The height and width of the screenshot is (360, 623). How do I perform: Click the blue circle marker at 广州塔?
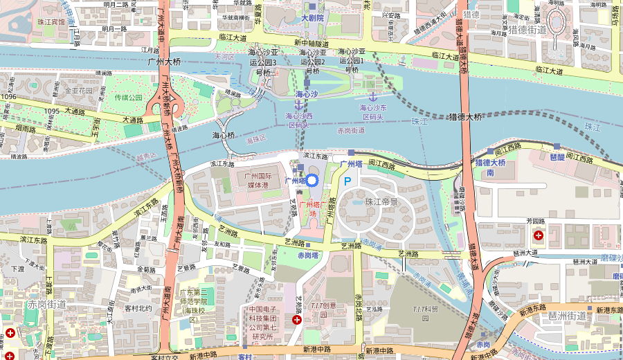311,181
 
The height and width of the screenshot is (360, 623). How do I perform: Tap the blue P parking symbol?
347,180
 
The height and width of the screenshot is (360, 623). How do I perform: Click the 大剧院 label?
312,17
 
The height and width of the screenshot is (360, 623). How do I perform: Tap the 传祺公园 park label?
128,98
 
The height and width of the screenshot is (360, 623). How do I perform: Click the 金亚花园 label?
78,90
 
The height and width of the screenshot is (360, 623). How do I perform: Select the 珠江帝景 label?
381,201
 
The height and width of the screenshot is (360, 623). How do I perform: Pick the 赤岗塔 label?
307,255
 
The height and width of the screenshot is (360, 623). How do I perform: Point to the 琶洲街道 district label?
568,316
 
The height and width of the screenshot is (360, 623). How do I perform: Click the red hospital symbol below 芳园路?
539,235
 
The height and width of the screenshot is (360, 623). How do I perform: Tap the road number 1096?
8,97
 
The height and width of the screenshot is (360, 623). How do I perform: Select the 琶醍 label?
557,156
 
